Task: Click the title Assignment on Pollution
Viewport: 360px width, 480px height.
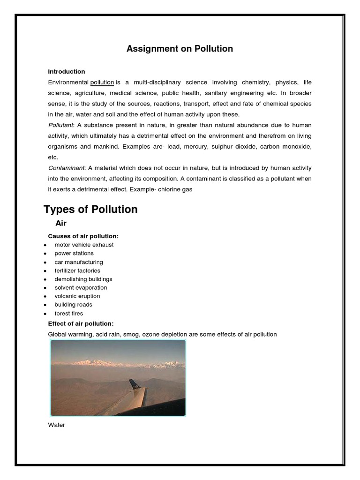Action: (x=180, y=49)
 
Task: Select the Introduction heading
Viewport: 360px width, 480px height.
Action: (x=67, y=72)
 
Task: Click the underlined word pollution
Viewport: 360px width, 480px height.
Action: (x=102, y=82)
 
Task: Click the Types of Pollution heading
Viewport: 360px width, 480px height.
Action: (x=91, y=209)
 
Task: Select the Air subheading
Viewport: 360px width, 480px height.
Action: (x=61, y=224)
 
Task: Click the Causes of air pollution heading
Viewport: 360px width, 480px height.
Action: (x=83, y=236)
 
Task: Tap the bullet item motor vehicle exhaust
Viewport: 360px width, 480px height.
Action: (x=84, y=245)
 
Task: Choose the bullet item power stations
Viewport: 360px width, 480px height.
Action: (x=74, y=253)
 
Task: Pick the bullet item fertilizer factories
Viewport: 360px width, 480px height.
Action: (x=77, y=270)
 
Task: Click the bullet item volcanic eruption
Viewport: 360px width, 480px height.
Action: (x=77, y=296)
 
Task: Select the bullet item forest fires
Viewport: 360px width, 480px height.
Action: (x=69, y=314)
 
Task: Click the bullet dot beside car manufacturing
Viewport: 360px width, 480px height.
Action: (x=45, y=262)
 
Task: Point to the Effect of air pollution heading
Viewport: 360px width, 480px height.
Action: (x=81, y=323)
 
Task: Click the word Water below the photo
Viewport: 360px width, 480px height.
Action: (x=56, y=425)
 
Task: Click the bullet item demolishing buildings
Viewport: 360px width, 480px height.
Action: (x=83, y=279)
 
